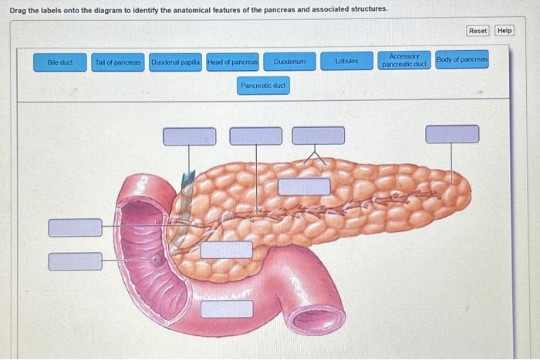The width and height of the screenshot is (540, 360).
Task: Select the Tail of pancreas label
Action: pyautogui.click(x=118, y=61)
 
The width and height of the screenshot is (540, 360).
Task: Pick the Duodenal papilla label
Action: pyautogui.click(x=176, y=61)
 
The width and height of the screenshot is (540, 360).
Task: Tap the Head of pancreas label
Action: pyautogui.click(x=233, y=61)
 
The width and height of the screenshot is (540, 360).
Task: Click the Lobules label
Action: pyautogui.click(x=347, y=60)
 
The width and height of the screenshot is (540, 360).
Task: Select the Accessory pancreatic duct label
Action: pyautogui.click(x=404, y=60)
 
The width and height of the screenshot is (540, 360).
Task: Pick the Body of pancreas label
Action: pyautogui.click(x=462, y=59)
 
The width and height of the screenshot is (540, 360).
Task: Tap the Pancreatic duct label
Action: pyautogui.click(x=264, y=86)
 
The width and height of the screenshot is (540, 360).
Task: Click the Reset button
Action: pyautogui.click(x=478, y=30)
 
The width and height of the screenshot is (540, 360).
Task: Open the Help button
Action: pyautogui.click(x=505, y=30)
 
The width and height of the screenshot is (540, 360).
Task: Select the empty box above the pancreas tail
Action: pyautogui.click(x=452, y=134)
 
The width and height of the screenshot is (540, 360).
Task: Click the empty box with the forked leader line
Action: pyautogui.click(x=318, y=136)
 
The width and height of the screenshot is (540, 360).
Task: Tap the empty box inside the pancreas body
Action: pyautogui.click(x=304, y=187)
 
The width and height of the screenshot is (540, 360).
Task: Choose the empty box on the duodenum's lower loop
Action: pyautogui.click(x=227, y=308)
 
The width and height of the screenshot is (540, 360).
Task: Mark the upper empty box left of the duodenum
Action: pyautogui.click(x=75, y=227)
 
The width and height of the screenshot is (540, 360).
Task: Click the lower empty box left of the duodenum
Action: pyautogui.click(x=75, y=261)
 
